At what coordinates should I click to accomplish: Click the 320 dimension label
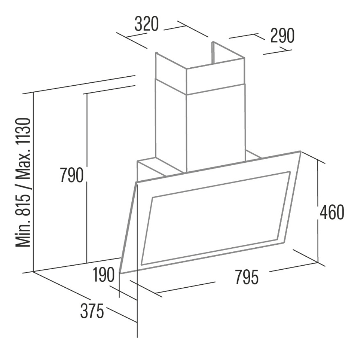point(147,24)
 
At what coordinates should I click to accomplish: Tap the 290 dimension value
point(282,36)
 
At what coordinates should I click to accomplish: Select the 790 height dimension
point(72,175)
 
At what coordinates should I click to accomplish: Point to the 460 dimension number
point(332,212)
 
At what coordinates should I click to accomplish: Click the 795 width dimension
point(247,277)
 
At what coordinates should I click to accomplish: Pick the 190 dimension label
point(104,275)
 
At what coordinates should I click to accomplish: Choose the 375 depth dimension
point(92,311)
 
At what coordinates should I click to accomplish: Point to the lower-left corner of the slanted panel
point(120,273)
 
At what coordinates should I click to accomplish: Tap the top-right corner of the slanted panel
point(301,151)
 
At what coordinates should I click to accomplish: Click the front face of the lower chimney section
point(216,131)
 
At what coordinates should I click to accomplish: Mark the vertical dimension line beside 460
point(318,211)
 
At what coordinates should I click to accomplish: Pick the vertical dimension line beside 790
point(87,178)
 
